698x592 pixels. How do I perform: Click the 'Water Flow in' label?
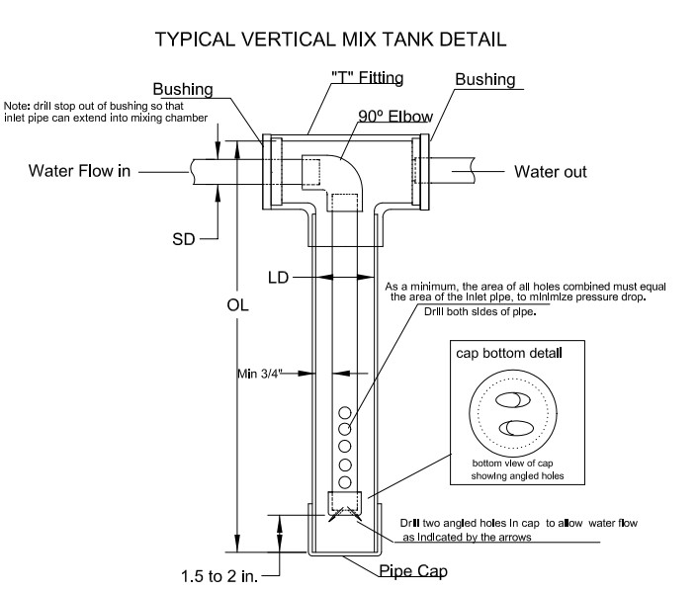click(79, 171)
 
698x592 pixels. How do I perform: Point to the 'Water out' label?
click(550, 171)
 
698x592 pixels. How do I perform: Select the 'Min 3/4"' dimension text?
click(262, 374)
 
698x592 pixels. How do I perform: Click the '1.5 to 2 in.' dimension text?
click(218, 573)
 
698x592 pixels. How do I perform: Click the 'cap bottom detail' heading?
click(509, 353)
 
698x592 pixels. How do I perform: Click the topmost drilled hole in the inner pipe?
click(345, 412)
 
